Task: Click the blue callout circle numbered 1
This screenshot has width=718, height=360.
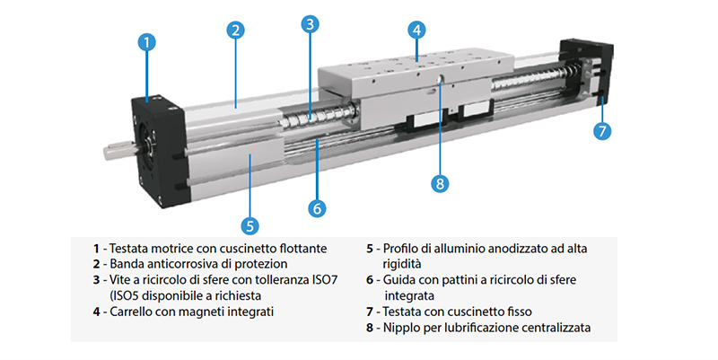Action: coord(146,42)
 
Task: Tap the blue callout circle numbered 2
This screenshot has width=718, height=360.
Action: coord(235,31)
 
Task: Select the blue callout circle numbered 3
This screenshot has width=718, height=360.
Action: coord(310,24)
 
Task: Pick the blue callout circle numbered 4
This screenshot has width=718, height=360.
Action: coord(416,31)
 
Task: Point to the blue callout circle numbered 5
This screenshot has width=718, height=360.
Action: coord(250,225)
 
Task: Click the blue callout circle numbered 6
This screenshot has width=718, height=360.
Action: coord(317,208)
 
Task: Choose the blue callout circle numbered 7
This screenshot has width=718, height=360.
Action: coord(602,131)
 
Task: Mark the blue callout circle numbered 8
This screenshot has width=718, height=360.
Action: coord(440,183)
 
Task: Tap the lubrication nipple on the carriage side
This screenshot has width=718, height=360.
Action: coord(439,79)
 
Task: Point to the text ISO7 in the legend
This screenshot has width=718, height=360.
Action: coord(325,280)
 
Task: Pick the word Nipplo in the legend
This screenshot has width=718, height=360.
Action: coord(399,328)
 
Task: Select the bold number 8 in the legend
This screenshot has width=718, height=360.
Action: coord(370,328)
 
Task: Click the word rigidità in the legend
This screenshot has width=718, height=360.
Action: coord(402,264)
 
